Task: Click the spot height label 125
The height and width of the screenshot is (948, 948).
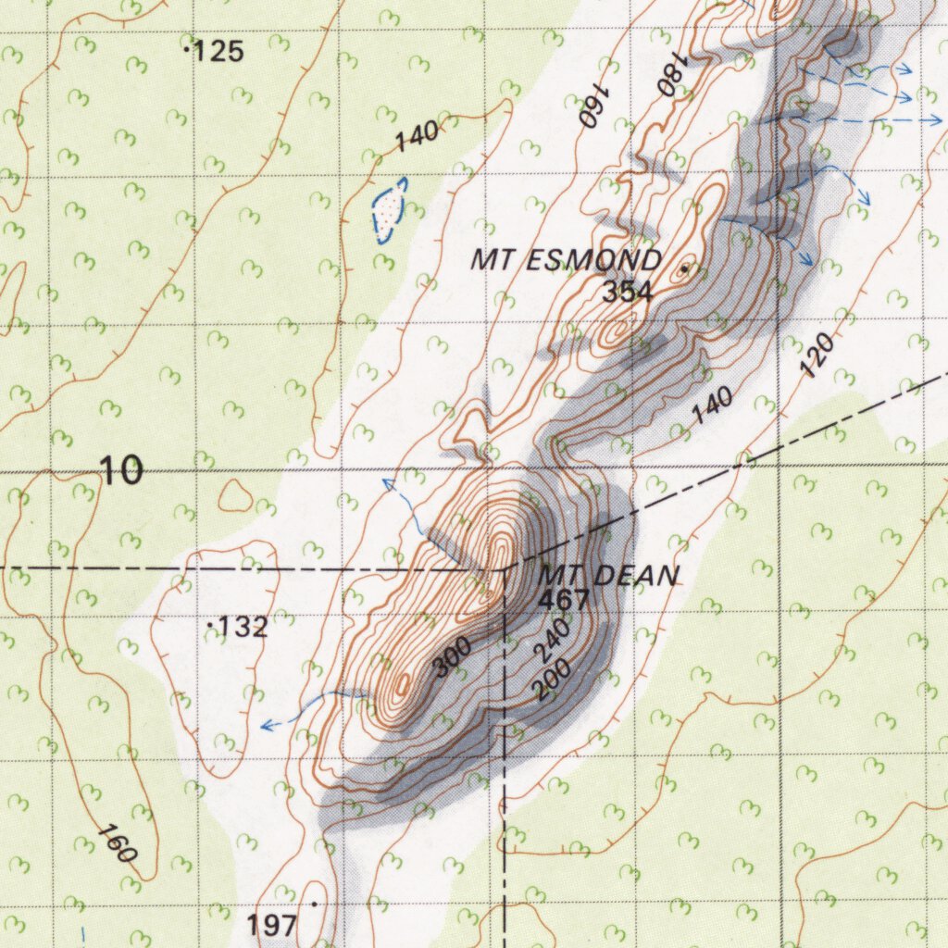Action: [220, 52]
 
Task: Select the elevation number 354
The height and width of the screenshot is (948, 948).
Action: [627, 293]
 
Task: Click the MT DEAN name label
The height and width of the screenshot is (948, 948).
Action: [608, 576]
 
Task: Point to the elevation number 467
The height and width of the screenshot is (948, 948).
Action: [563, 600]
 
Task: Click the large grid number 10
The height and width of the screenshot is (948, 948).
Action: [122, 471]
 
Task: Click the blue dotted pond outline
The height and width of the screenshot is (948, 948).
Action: [390, 210]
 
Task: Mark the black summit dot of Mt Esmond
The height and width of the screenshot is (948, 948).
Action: [684, 268]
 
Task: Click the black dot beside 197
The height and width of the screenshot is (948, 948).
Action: [315, 903]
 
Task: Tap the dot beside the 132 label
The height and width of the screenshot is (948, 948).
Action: [211, 627]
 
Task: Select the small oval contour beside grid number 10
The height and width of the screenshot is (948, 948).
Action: [235, 497]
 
